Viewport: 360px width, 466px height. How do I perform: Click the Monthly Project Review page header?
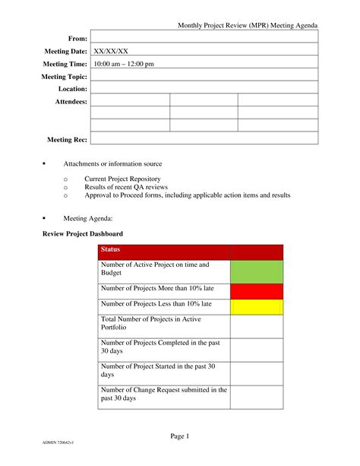[x=248, y=26]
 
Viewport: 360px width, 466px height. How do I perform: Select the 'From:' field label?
[x=78, y=38]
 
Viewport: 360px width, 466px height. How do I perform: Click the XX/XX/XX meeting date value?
[x=111, y=51]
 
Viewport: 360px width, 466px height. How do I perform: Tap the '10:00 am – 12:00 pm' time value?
[x=124, y=64]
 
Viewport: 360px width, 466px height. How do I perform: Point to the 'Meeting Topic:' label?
[x=65, y=77]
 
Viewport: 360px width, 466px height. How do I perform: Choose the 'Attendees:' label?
[x=71, y=101]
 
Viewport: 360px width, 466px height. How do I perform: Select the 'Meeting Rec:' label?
[x=68, y=139]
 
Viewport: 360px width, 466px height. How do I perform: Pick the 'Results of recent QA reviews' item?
[x=126, y=187]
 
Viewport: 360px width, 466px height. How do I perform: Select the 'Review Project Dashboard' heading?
[x=82, y=233]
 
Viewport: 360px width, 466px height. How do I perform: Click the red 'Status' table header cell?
[x=163, y=251]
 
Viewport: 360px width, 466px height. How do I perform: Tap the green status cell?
[x=256, y=271]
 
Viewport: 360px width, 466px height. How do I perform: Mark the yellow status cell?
[x=256, y=307]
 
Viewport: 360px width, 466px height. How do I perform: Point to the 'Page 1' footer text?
[x=180, y=436]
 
